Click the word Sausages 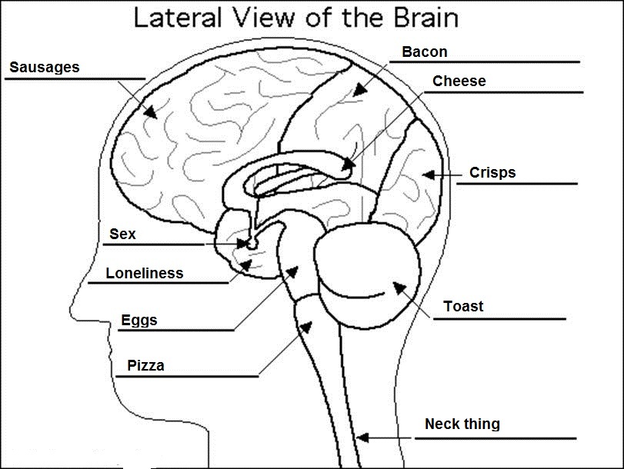[44, 68]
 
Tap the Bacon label [424, 52]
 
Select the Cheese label [459, 81]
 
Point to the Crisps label [492, 173]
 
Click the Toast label [463, 307]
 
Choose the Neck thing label [462, 424]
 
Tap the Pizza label [145, 366]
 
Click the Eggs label [138, 321]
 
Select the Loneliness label [145, 273]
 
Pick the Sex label [122, 234]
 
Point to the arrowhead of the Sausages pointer [152, 112]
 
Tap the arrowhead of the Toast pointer [398, 288]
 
